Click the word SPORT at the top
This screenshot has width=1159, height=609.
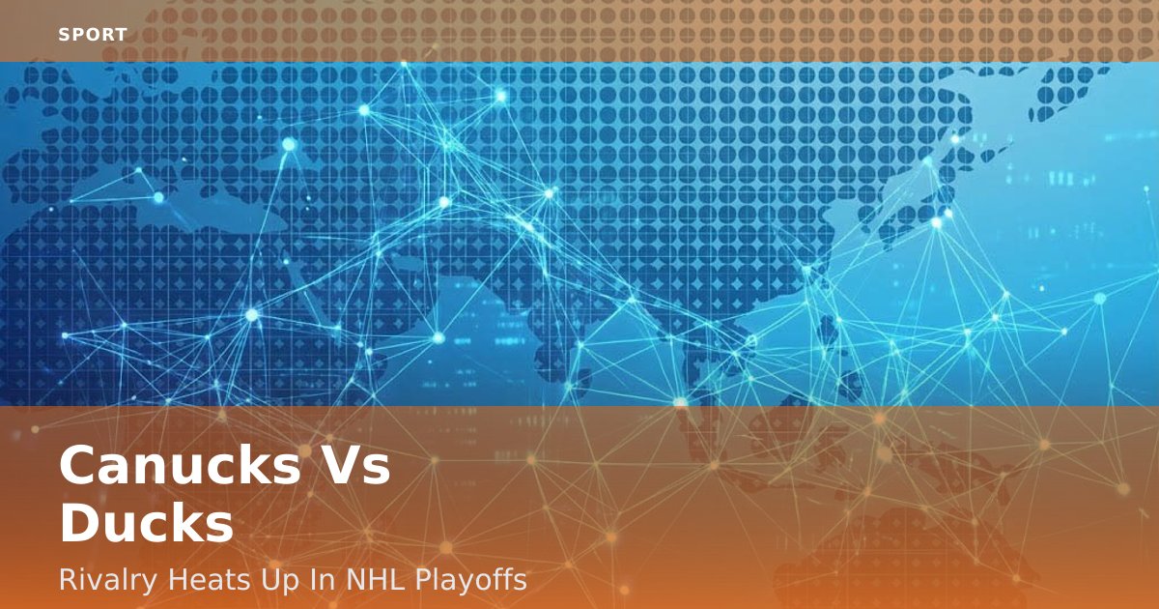click(93, 35)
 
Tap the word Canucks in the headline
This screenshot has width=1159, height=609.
click(180, 465)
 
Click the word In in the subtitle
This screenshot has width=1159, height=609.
click(323, 579)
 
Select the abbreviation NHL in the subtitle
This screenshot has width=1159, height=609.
click(375, 579)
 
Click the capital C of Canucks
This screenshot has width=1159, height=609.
click(77, 465)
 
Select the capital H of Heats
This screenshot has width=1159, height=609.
click(178, 580)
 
